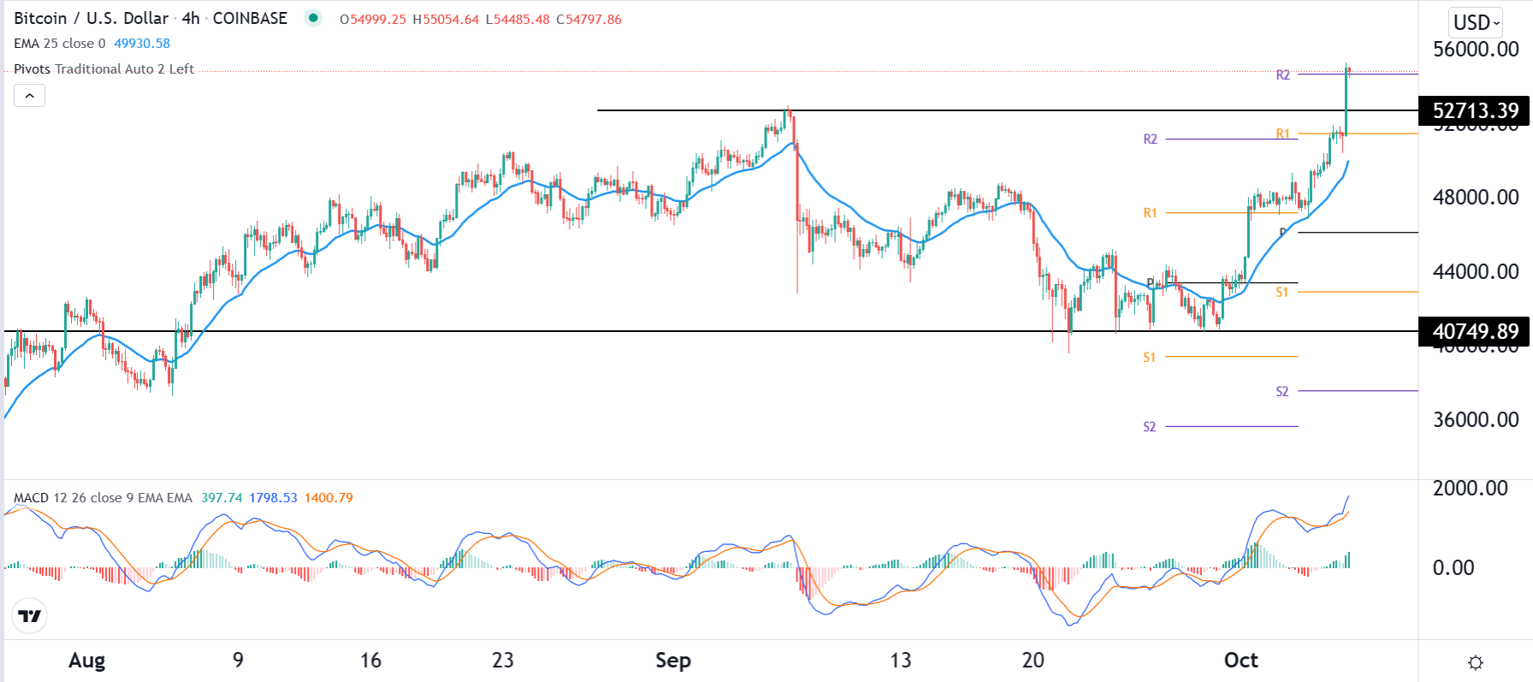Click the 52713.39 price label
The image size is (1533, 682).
click(1476, 111)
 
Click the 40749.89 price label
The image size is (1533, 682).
click(1476, 331)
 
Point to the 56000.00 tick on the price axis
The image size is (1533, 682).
click(1476, 49)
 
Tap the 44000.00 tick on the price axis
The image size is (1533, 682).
click(1476, 271)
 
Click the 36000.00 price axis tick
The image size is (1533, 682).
click(1476, 419)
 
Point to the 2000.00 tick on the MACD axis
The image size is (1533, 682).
click(1471, 488)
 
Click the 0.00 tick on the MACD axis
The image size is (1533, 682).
click(1453, 567)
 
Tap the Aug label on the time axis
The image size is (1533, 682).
click(86, 661)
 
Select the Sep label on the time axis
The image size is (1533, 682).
click(673, 661)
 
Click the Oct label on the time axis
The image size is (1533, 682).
click(1240, 661)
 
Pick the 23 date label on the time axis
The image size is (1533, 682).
click(503, 661)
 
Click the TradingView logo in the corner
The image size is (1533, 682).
click(30, 616)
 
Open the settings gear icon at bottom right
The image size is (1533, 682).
click(1476, 662)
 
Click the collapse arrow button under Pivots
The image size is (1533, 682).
click(30, 96)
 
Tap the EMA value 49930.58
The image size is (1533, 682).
click(142, 44)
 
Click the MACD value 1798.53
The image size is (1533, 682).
click(273, 498)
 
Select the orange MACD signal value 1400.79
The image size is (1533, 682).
click(328, 498)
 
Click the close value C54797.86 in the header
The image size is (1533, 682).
click(589, 20)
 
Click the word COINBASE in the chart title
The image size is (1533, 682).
click(250, 19)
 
